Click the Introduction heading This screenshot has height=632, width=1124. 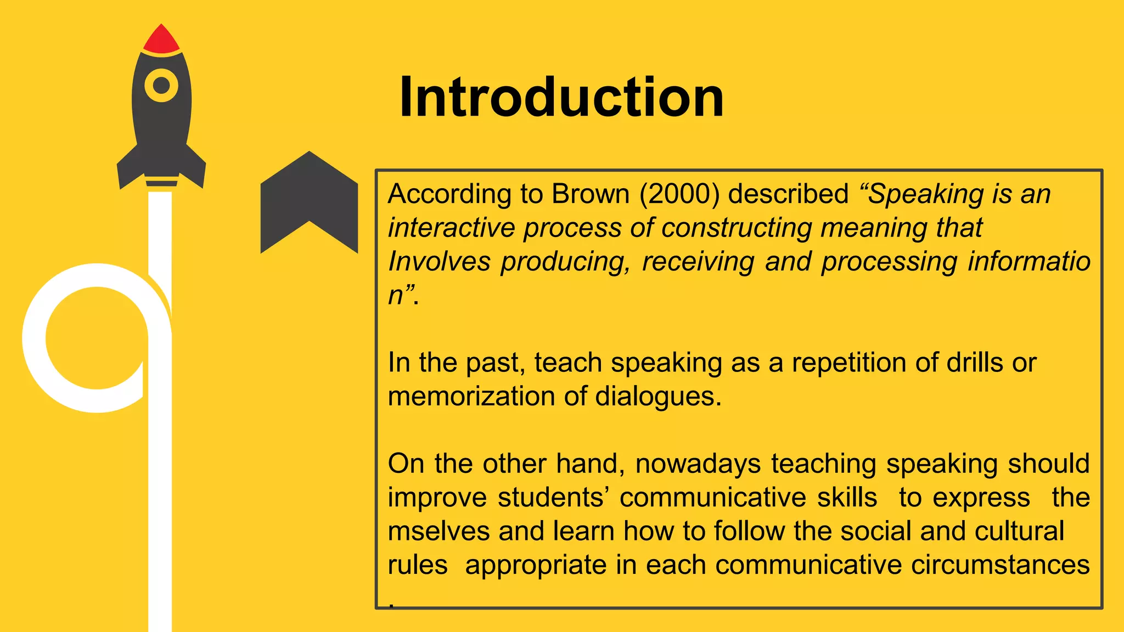pyautogui.click(x=561, y=98)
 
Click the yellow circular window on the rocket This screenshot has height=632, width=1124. pyautogui.click(x=161, y=86)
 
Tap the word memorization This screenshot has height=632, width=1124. pyautogui.click(x=471, y=397)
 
